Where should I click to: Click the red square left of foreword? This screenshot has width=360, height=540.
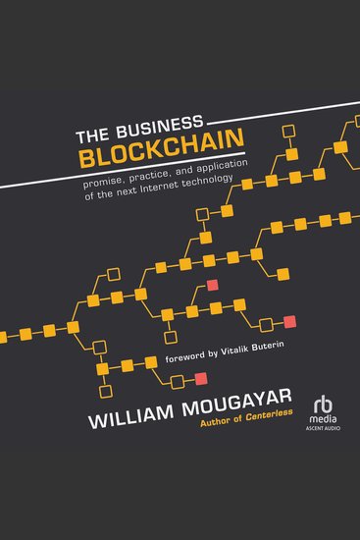pyautogui.click(x=200, y=379)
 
